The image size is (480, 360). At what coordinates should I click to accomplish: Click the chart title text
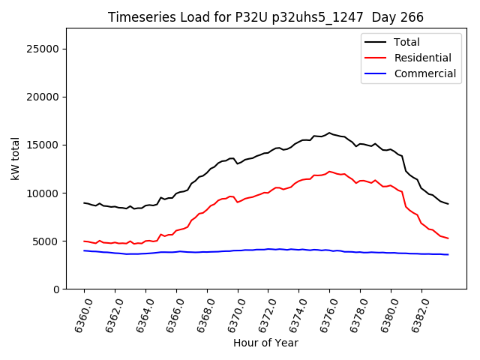point(265,17)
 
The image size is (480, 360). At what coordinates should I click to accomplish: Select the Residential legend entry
point(423,58)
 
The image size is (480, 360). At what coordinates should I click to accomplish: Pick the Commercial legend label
point(425,73)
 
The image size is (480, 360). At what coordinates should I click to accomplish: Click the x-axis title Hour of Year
point(265,343)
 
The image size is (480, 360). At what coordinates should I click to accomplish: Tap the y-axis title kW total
point(15,159)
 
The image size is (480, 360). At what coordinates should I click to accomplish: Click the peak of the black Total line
point(328,133)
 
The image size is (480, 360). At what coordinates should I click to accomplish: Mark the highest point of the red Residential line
point(329,171)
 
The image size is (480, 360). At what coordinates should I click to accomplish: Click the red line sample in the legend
point(376,58)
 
